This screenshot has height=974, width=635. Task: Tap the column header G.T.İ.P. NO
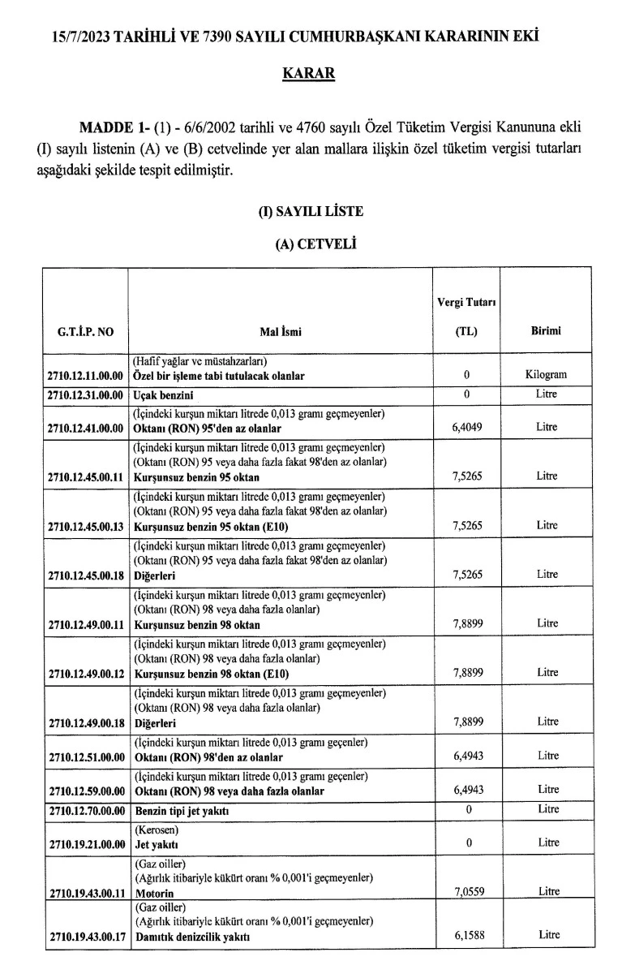(85, 331)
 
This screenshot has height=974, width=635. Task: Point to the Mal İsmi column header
(281, 331)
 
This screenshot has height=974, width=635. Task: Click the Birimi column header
(547, 331)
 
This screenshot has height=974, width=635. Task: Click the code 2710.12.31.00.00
(85, 394)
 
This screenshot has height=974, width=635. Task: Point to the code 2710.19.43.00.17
(85, 936)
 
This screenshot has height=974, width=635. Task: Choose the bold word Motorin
(153, 892)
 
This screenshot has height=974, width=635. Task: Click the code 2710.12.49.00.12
(85, 674)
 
